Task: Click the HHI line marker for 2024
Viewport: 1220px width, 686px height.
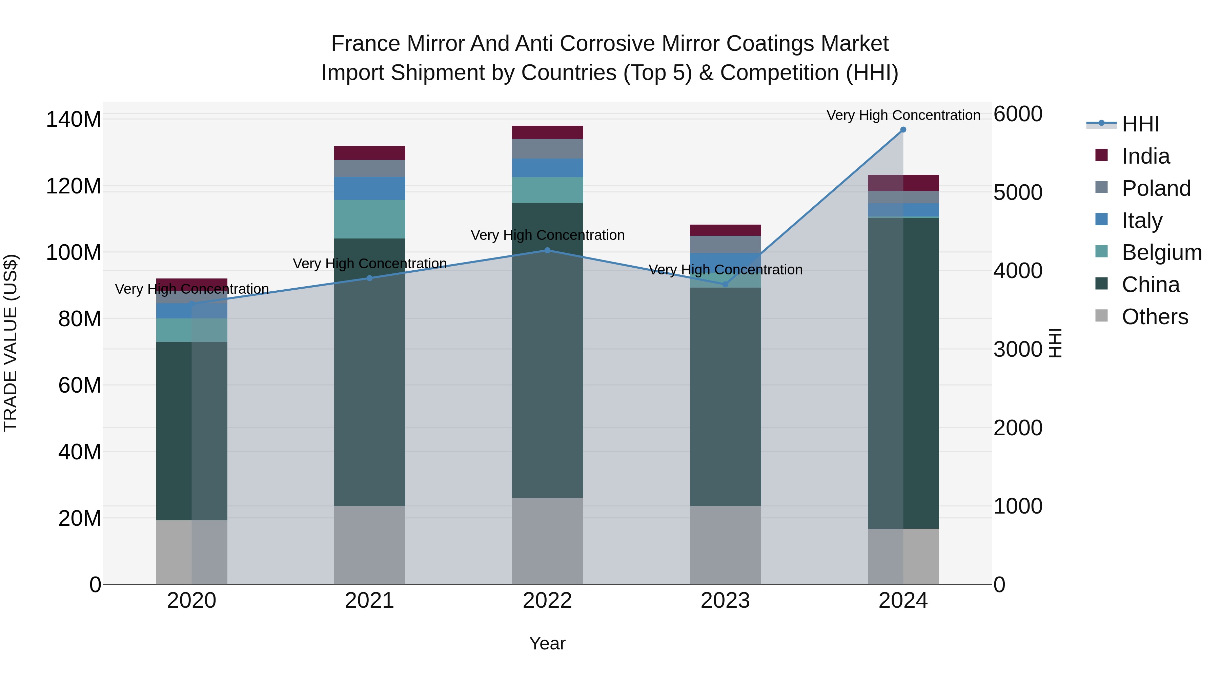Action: pos(903,130)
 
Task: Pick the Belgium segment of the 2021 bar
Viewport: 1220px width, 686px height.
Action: pos(369,219)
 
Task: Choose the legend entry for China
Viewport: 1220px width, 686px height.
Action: pos(1151,285)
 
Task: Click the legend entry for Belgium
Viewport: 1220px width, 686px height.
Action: pos(1161,252)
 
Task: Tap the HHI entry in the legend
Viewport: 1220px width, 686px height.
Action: pos(1140,124)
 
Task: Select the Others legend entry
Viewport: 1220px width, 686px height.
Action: pos(1155,317)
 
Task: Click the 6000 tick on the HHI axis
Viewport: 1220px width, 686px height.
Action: pos(1018,114)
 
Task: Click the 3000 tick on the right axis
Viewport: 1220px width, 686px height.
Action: pos(1018,349)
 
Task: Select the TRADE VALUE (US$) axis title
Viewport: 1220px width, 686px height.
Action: pos(11,343)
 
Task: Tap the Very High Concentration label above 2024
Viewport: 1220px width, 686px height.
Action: pos(903,115)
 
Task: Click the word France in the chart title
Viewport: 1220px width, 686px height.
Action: pos(366,44)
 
